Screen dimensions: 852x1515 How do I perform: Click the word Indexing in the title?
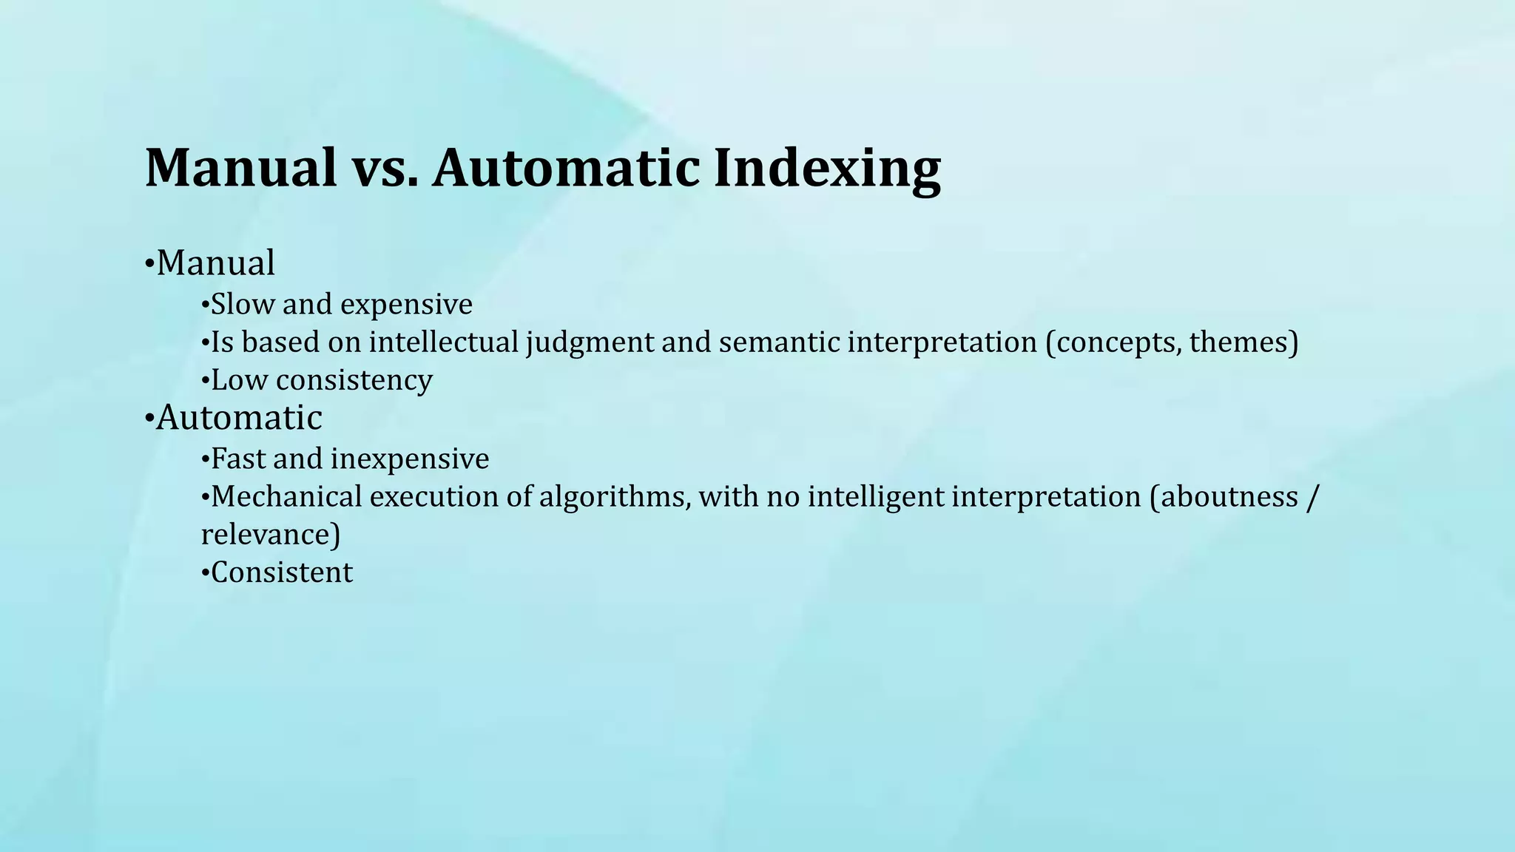coord(827,168)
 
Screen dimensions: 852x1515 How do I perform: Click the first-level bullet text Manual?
coord(215,263)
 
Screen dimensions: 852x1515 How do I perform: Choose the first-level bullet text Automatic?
coord(239,418)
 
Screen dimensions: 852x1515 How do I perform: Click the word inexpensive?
coord(409,459)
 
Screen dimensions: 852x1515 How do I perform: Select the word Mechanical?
coord(286,496)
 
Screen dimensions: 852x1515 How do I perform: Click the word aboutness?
coord(1229,496)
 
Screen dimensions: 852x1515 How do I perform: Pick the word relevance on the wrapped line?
coord(267,535)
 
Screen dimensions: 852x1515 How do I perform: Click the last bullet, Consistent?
coord(282,572)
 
